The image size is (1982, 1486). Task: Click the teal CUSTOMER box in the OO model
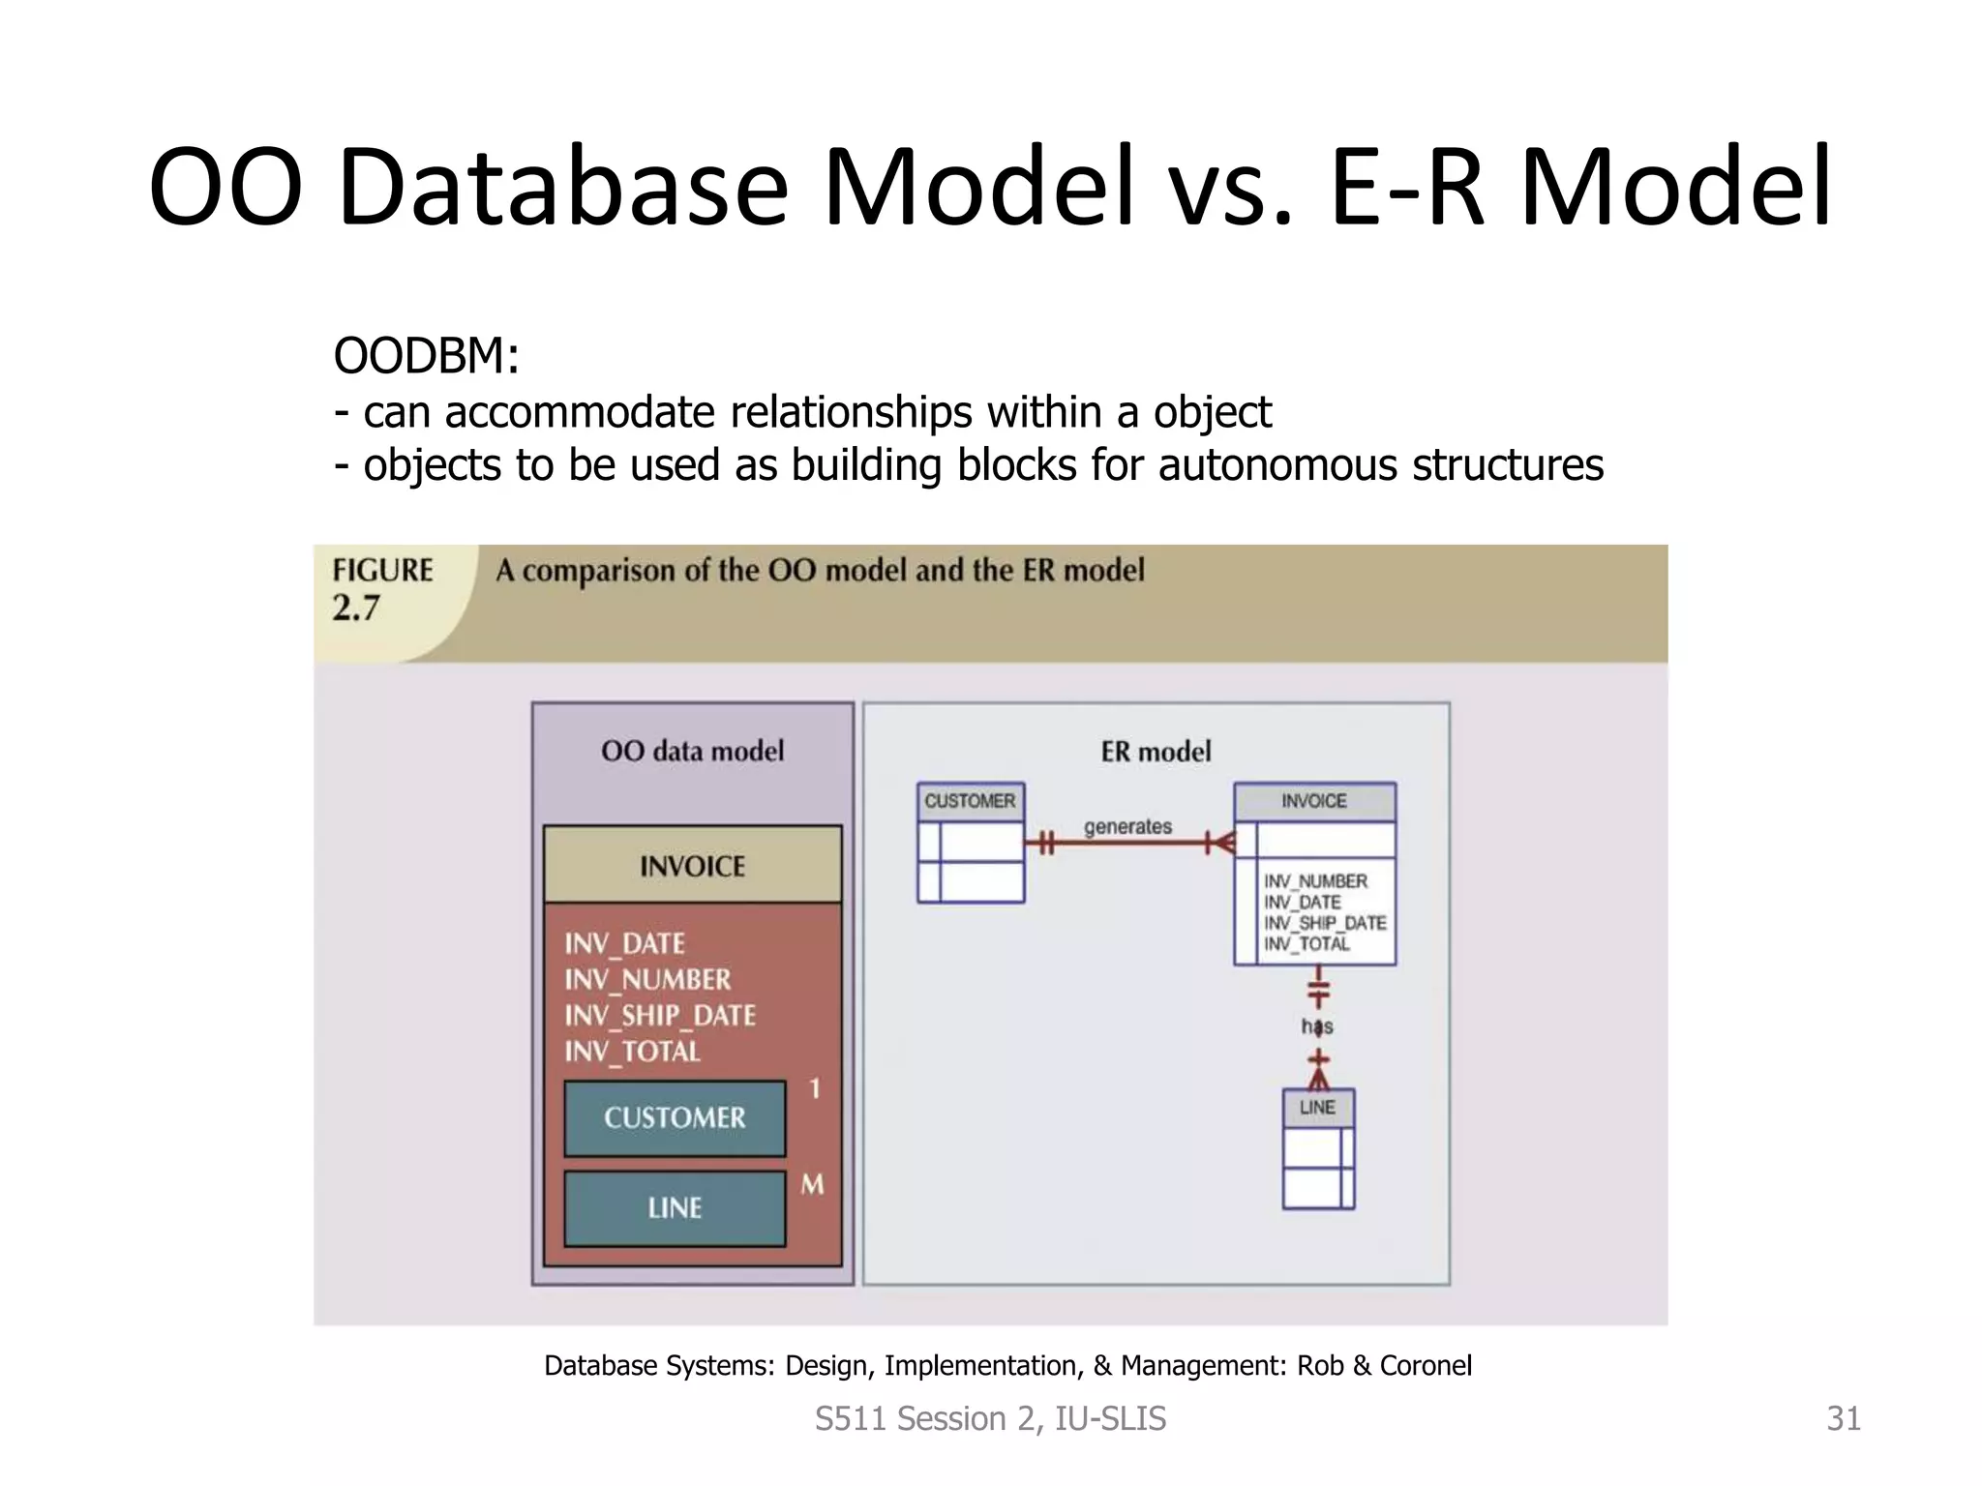tap(675, 1117)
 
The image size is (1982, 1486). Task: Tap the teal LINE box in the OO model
tap(675, 1207)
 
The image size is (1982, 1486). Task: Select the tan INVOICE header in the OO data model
tap(692, 865)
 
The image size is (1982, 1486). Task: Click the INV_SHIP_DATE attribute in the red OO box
tap(660, 1015)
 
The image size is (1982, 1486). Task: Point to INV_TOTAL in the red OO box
tap(632, 1051)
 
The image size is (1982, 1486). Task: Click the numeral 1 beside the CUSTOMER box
tap(815, 1088)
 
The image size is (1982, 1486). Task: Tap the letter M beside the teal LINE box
tap(812, 1184)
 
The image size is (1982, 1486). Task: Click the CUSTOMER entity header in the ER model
tap(970, 801)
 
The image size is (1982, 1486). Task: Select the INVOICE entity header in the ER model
tap(1313, 801)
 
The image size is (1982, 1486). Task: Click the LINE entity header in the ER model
tap(1317, 1107)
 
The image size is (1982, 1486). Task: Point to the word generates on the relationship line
tap(1127, 826)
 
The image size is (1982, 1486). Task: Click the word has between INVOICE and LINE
tap(1317, 1026)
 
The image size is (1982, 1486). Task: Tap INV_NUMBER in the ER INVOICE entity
tap(1315, 880)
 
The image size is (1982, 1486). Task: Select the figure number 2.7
tap(356, 609)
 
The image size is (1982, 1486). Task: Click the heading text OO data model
tap(692, 751)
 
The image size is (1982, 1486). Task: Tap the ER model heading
tap(1156, 752)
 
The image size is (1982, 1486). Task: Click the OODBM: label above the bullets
tap(426, 356)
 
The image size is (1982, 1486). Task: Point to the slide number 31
tap(1843, 1418)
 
